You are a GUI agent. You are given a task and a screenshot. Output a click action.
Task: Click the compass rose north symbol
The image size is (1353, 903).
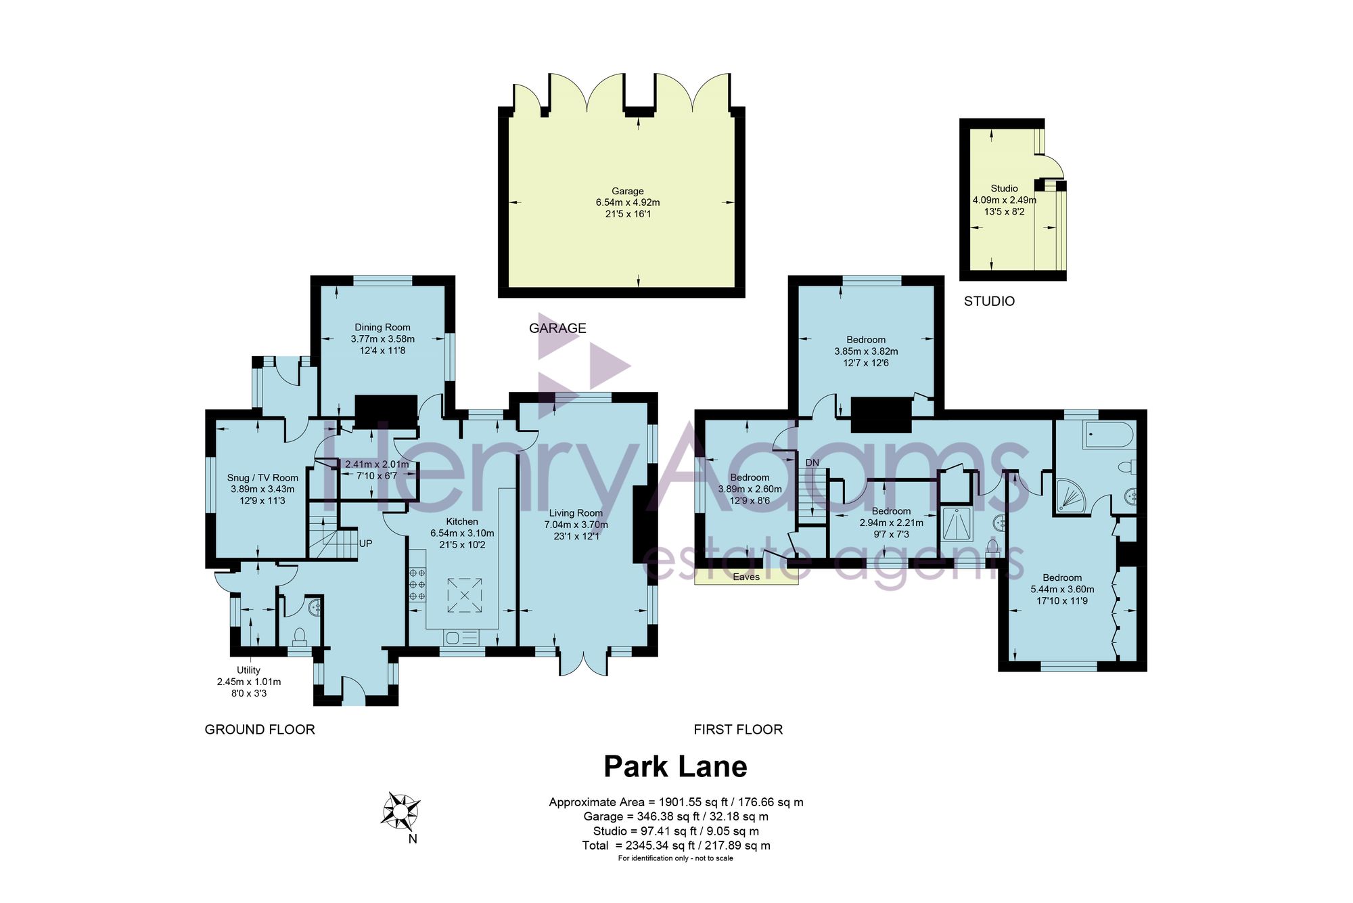point(400,811)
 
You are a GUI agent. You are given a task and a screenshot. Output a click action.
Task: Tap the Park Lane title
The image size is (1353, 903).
point(675,766)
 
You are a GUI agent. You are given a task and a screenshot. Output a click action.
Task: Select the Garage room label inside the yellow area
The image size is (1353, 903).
point(628,191)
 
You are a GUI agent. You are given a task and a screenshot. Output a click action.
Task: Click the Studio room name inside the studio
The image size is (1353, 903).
point(1004,188)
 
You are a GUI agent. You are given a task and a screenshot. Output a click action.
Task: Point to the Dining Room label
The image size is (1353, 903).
point(382,327)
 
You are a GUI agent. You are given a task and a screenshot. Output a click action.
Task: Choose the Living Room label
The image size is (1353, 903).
point(576,513)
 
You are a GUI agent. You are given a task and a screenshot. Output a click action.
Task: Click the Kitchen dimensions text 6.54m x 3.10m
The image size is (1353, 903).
point(462,533)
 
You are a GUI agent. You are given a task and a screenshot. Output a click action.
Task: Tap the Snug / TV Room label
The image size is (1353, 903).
point(262,478)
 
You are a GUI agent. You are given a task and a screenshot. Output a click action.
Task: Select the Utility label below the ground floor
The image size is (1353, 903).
point(248,670)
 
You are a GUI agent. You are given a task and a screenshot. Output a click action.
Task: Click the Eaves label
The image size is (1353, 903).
point(746,577)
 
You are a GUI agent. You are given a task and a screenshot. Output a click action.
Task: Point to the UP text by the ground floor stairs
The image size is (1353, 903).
point(365,544)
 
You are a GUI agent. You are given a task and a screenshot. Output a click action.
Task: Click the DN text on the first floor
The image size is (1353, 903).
point(812,463)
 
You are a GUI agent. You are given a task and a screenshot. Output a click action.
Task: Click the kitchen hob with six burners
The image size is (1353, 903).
point(417,584)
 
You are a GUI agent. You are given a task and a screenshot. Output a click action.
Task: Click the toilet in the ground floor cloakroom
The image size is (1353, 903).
point(300,636)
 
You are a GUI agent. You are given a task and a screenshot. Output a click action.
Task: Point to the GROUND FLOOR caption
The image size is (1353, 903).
point(260,730)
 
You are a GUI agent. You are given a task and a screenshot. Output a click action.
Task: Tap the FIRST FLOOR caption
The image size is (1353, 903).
point(738,730)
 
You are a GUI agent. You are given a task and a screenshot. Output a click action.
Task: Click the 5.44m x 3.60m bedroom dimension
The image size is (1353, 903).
point(1062,589)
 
